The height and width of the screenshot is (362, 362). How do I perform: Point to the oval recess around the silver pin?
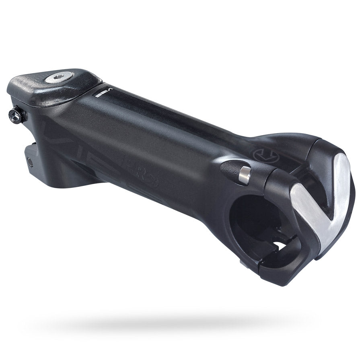coord(235,171)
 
